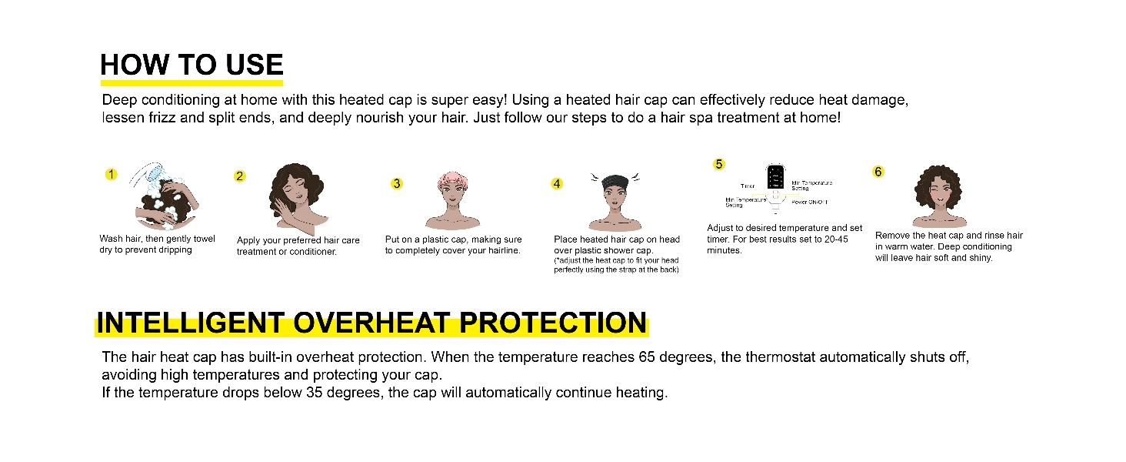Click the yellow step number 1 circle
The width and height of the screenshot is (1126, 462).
coord(111,175)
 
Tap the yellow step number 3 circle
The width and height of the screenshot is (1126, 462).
coord(397,183)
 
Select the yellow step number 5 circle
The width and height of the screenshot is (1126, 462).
coord(719,164)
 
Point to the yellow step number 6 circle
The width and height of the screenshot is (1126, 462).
coord(878,172)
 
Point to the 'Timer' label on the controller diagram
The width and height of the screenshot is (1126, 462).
coord(748,186)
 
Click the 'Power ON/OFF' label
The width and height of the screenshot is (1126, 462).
coord(810,202)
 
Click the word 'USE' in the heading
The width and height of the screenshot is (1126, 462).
coord(248,65)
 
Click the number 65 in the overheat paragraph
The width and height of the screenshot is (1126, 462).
coord(647,358)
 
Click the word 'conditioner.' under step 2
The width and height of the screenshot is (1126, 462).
coord(313,252)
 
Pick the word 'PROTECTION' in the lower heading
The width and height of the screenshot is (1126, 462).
coord(553,323)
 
